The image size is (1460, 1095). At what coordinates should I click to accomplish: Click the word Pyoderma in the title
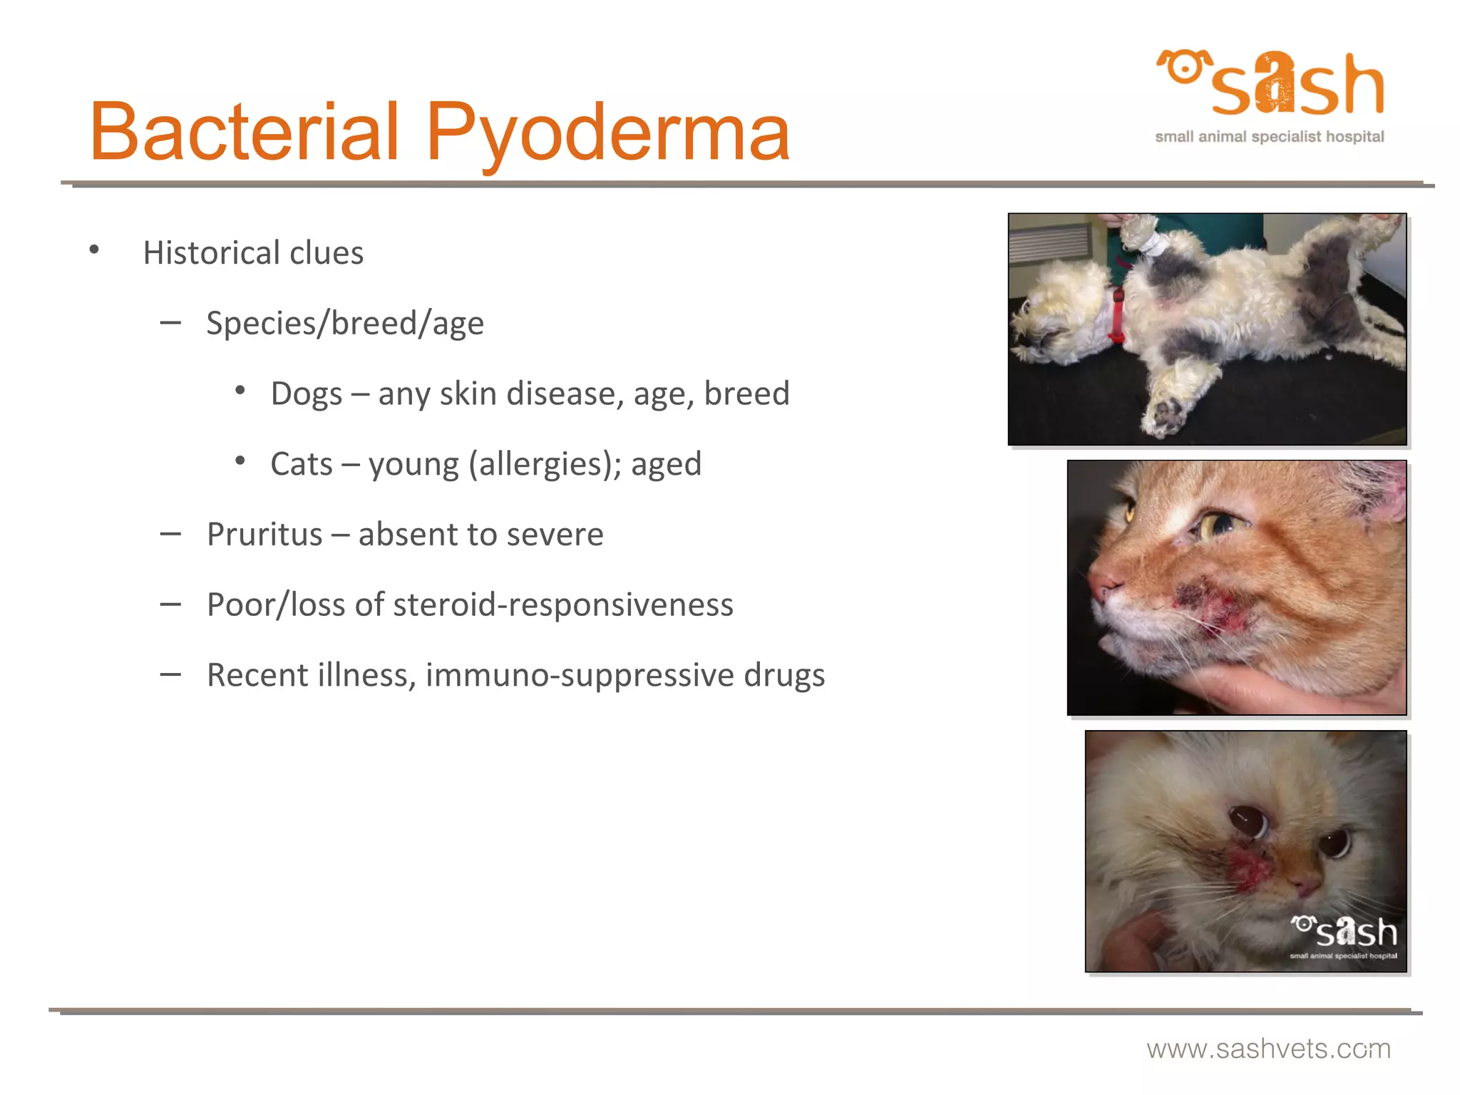coord(607,132)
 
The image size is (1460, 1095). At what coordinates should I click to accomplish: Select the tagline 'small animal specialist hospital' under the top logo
coord(1269,137)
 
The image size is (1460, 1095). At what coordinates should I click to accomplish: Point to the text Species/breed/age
coord(345,323)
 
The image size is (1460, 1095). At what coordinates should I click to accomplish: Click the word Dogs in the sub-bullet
coord(306,394)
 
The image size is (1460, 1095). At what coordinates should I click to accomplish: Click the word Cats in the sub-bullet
coord(301,464)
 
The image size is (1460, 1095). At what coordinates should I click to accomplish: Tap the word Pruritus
coord(264,534)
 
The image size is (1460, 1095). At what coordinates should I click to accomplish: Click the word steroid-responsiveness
coord(562,605)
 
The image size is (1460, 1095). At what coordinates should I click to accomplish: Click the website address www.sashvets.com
coord(1268,1049)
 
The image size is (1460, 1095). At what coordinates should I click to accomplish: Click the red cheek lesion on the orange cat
coord(1212,606)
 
